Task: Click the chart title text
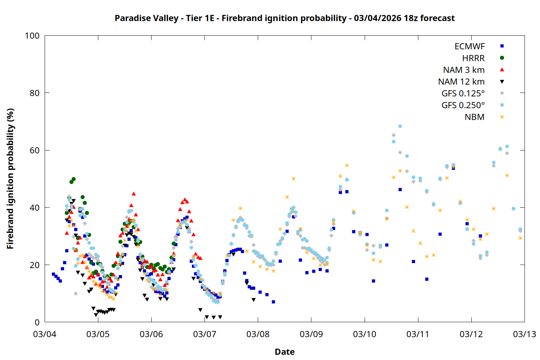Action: (x=284, y=18)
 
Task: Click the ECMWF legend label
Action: (x=469, y=46)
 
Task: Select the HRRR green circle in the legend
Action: (x=502, y=58)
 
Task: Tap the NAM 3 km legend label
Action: (x=464, y=70)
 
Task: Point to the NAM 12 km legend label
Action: (x=461, y=82)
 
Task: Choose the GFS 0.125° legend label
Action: (x=463, y=94)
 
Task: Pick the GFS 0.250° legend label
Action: (x=463, y=105)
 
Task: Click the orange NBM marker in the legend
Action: (x=502, y=117)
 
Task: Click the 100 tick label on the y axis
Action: (x=32, y=36)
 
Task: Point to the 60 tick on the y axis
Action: (x=35, y=150)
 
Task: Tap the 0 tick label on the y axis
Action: (x=37, y=323)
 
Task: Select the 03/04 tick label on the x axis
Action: (x=45, y=334)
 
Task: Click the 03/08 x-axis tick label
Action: (x=258, y=334)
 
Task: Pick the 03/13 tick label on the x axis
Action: (x=524, y=334)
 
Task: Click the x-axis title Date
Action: (x=284, y=352)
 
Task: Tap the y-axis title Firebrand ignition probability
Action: (x=10, y=179)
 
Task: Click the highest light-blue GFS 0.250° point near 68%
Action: (x=400, y=126)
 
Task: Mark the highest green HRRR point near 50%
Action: (x=73, y=179)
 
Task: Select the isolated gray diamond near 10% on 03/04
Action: (x=76, y=294)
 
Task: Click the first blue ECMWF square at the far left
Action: (x=53, y=274)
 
